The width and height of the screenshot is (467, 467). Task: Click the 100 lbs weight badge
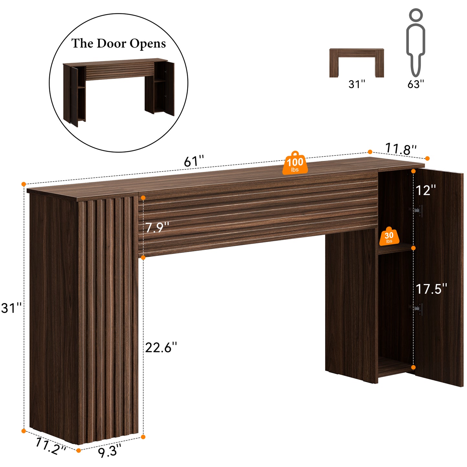coord(295,163)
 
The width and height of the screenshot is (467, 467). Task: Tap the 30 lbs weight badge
coord(389,237)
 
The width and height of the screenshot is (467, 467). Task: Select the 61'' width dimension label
coord(194,161)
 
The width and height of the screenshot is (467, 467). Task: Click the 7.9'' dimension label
coord(157,228)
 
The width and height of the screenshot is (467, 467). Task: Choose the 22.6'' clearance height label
coord(161,347)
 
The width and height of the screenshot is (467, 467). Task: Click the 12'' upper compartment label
coord(426,190)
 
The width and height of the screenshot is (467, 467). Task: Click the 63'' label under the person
coord(416,84)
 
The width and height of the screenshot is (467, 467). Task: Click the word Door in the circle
coord(111,44)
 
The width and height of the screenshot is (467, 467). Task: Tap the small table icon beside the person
coord(356,63)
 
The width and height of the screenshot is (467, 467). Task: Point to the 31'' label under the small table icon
coord(357,84)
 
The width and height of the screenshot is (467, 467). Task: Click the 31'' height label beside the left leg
coord(11,308)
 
